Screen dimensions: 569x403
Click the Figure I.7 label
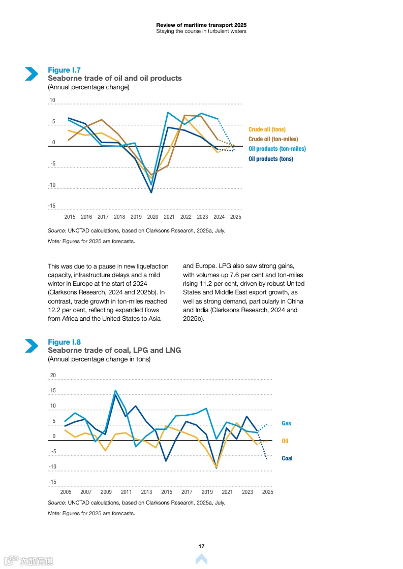tap(64, 70)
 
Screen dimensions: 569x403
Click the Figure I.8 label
tap(64, 342)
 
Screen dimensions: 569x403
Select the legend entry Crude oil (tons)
tap(267, 129)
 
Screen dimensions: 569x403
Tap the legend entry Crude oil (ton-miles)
tap(273, 139)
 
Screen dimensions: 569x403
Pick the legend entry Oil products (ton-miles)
tap(277, 149)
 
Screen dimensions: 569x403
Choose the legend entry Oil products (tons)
tap(270, 159)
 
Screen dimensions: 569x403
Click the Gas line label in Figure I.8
tap(287, 423)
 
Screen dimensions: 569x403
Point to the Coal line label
tap(287, 458)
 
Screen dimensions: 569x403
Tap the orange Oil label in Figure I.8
tap(285, 441)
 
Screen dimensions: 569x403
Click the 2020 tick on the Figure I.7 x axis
tap(152, 217)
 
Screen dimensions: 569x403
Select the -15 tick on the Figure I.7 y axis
tap(52, 206)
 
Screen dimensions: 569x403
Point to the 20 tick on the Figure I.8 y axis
tap(53, 376)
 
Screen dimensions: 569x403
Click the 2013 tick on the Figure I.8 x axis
tap(146, 492)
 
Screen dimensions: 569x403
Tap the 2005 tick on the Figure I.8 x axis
tap(66, 492)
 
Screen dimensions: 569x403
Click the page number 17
tap(201, 546)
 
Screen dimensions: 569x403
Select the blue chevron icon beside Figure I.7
tap(32, 74)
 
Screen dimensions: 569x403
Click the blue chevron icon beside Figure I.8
tap(32, 346)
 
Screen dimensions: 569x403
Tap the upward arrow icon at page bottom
tap(201, 559)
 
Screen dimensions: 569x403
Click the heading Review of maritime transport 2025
tap(201, 25)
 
